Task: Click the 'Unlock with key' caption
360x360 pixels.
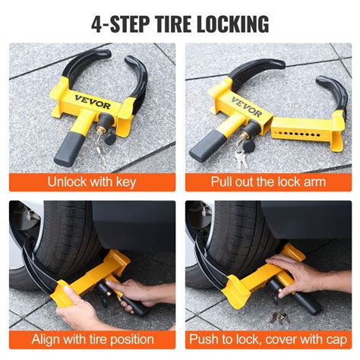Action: pos(92,182)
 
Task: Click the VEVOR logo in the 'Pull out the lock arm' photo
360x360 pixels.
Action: pos(245,100)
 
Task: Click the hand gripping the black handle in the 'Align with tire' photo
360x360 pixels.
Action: pos(137,292)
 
